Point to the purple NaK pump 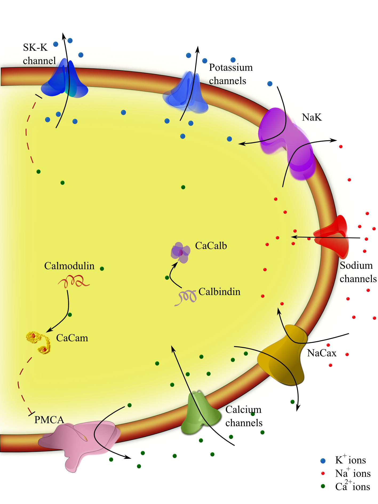click(288, 141)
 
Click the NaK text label click(312, 117)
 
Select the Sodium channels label click(357, 272)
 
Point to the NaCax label click(321, 353)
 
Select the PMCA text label click(49, 420)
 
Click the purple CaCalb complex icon click(181, 252)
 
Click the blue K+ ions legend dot click(323, 461)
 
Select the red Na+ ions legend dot click(323, 473)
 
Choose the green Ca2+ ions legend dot click(323, 486)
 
